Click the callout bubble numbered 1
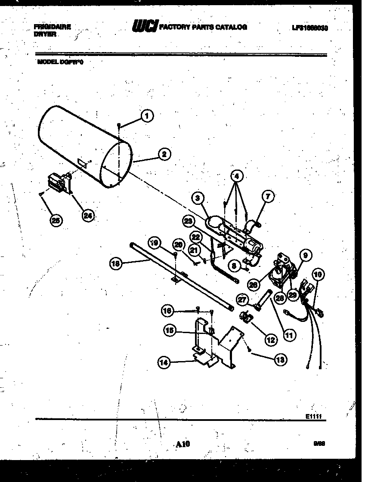click(x=147, y=115)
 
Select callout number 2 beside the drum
click(x=163, y=154)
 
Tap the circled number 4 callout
click(x=236, y=176)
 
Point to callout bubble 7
click(x=268, y=197)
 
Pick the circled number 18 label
click(x=115, y=264)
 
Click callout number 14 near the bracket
click(x=164, y=362)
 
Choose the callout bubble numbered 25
click(x=56, y=220)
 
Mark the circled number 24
click(x=88, y=216)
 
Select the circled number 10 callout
click(x=318, y=274)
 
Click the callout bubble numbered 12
click(x=271, y=340)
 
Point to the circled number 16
click(x=168, y=310)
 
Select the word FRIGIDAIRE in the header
click(x=52, y=27)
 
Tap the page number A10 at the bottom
click(x=182, y=444)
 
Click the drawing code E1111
click(x=314, y=416)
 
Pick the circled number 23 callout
click(x=188, y=222)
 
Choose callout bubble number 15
click(x=169, y=330)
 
